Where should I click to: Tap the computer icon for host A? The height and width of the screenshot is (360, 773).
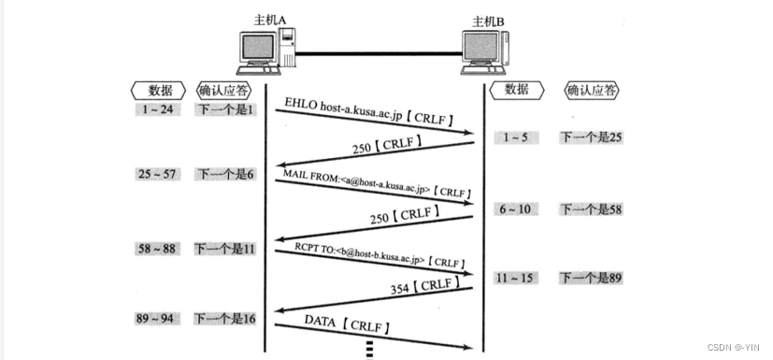tap(265, 52)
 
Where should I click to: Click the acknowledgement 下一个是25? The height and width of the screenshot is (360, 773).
tap(591, 137)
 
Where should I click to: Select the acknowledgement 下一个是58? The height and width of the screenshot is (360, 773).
tap(591, 209)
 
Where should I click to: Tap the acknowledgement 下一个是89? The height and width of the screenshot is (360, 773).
tap(591, 278)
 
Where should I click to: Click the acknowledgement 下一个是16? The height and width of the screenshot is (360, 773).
tap(225, 320)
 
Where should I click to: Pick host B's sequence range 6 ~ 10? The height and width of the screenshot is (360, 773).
tap(515, 209)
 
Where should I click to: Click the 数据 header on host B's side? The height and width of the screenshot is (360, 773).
tap(516, 90)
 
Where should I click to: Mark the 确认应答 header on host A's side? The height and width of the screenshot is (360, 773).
tap(225, 91)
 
